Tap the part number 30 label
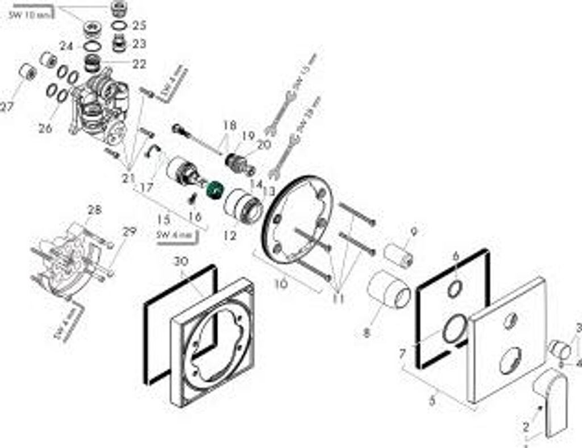(x=180, y=262)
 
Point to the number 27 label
(x=6, y=106)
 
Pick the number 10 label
(x=281, y=282)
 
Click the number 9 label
(x=413, y=232)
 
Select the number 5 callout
(x=433, y=400)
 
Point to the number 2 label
(x=526, y=426)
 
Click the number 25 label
(x=139, y=25)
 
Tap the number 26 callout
(x=45, y=129)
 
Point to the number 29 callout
(x=130, y=231)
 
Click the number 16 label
(x=195, y=216)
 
